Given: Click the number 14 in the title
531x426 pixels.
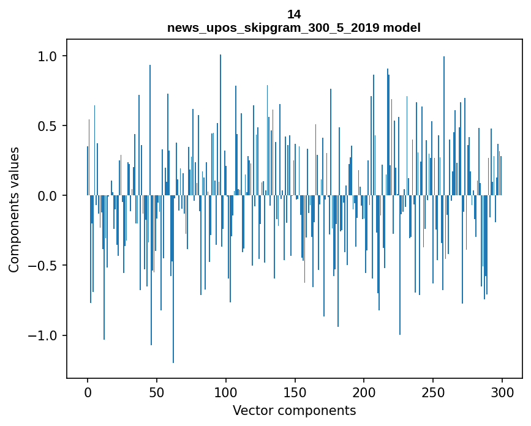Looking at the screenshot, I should coord(294,14).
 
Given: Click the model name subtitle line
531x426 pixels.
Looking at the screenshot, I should coord(294,28).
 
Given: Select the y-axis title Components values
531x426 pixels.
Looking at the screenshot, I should coord(14,209).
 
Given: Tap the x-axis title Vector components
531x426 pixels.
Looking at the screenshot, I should coord(294,410).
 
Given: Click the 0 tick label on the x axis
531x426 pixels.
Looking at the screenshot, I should coord(88,392).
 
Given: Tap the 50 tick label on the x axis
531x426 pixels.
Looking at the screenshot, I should coord(157,392).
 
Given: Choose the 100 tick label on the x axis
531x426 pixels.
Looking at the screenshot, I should coord(226,392).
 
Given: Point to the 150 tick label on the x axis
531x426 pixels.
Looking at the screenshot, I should coord(295,392).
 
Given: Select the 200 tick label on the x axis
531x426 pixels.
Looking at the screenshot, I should coord(364,392).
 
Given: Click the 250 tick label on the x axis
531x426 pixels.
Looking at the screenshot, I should coord(433,392).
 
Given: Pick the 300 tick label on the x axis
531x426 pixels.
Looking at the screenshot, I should coord(502,392).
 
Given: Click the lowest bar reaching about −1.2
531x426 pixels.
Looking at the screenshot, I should coord(173,288).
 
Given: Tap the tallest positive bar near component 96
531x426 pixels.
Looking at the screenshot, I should coord(220,122).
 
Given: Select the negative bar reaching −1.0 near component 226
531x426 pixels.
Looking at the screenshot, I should coord(400,269).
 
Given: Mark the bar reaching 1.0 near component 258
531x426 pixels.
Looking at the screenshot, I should coord(444,122).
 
